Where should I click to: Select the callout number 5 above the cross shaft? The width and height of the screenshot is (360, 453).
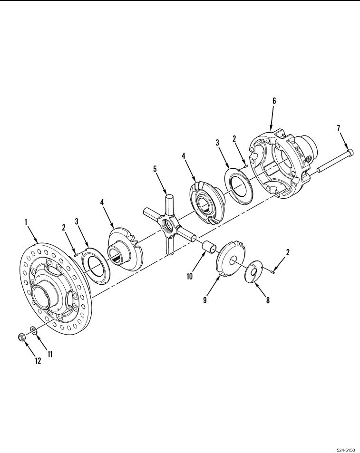click(x=155, y=168)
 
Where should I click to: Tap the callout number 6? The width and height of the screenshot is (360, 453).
click(x=274, y=101)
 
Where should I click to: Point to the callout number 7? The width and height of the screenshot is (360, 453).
click(x=339, y=127)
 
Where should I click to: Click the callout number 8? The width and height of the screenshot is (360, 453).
click(x=268, y=300)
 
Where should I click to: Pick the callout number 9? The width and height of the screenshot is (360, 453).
click(x=205, y=300)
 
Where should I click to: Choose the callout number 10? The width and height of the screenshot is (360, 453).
click(x=190, y=277)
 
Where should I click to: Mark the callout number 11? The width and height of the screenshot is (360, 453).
click(x=50, y=354)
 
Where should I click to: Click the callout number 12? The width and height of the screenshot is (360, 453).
click(x=38, y=361)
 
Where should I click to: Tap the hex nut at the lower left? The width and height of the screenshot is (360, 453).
click(x=22, y=336)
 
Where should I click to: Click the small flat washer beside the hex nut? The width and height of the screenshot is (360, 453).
click(x=33, y=330)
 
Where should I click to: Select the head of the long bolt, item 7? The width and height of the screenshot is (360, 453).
click(x=350, y=151)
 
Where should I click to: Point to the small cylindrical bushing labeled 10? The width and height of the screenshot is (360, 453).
click(x=209, y=246)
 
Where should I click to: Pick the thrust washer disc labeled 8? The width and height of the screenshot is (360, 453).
click(x=253, y=272)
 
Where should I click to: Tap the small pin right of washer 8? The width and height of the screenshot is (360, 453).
click(x=273, y=271)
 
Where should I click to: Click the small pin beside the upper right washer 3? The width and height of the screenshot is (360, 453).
click(x=245, y=165)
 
